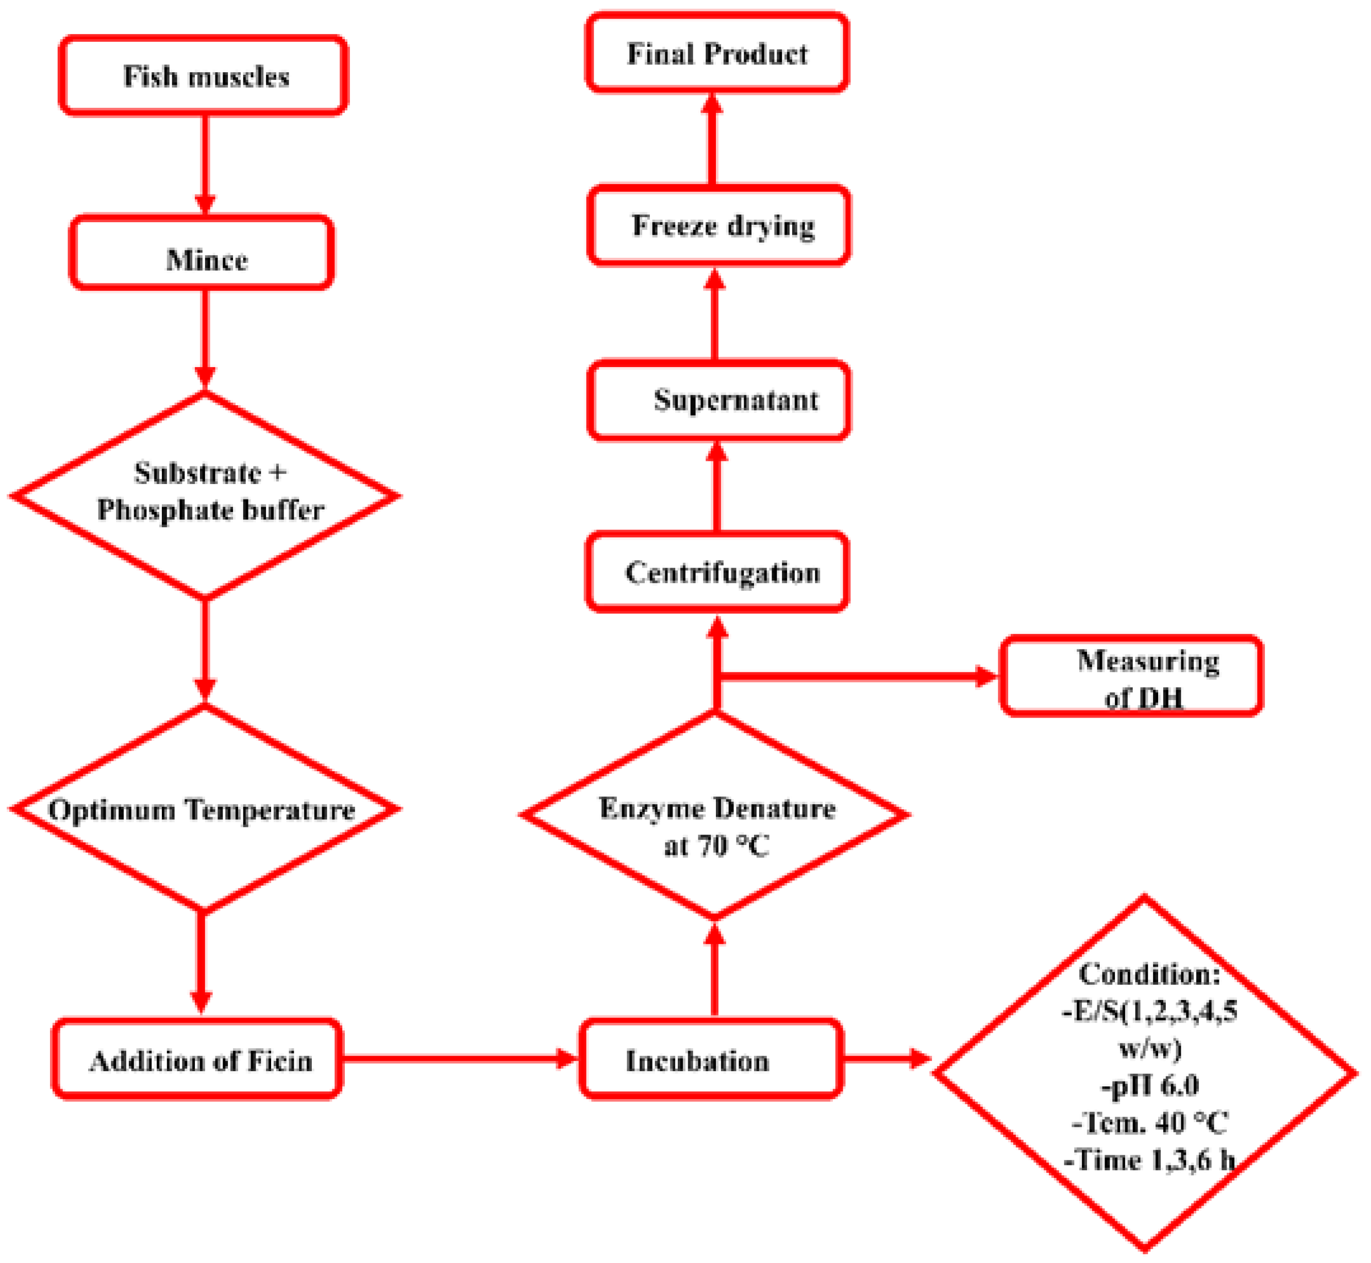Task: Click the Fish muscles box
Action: pos(204,76)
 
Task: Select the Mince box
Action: pos(203,254)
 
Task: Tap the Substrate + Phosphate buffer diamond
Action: pos(205,495)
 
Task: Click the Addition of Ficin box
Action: pos(198,1060)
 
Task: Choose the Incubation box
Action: pos(711,1060)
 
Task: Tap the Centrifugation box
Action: pos(717,573)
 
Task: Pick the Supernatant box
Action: pos(719,401)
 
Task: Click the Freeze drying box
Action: pos(719,226)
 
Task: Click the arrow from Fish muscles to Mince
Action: pos(204,164)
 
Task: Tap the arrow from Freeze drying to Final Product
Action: pos(712,140)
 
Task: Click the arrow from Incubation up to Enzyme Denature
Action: pos(715,971)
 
